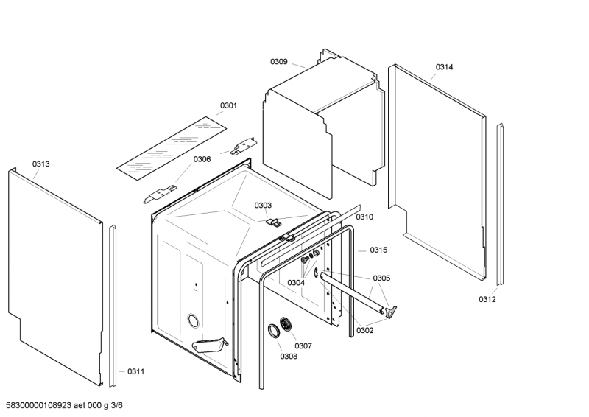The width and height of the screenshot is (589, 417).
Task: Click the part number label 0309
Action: pos(279,62)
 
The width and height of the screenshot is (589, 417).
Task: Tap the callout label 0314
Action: pos(445,67)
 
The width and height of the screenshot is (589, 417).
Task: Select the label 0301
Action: pos(228,105)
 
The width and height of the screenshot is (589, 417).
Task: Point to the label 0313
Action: pos(41,164)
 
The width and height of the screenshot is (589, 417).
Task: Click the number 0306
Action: pos(202,159)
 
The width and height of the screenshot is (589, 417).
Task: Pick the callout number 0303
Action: pos(263,206)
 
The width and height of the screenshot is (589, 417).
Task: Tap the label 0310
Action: pos(364,217)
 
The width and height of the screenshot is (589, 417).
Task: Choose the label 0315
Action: pos(378,250)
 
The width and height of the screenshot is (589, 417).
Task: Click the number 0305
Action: pos(381,278)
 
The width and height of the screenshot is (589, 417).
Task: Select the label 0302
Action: pos(365,331)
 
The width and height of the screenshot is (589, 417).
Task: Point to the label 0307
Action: pos(303,346)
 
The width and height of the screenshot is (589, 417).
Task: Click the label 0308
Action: pos(289,357)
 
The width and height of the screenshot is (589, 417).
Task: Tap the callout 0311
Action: pos(136,371)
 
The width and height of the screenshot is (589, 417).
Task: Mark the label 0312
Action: pos(487,299)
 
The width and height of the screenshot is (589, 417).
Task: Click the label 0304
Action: pos(296,283)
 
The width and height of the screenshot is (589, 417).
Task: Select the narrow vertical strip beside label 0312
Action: pos(500,204)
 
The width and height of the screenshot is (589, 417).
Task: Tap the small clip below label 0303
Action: pos(273,222)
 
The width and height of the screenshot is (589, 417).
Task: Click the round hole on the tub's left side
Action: pos(194,320)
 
